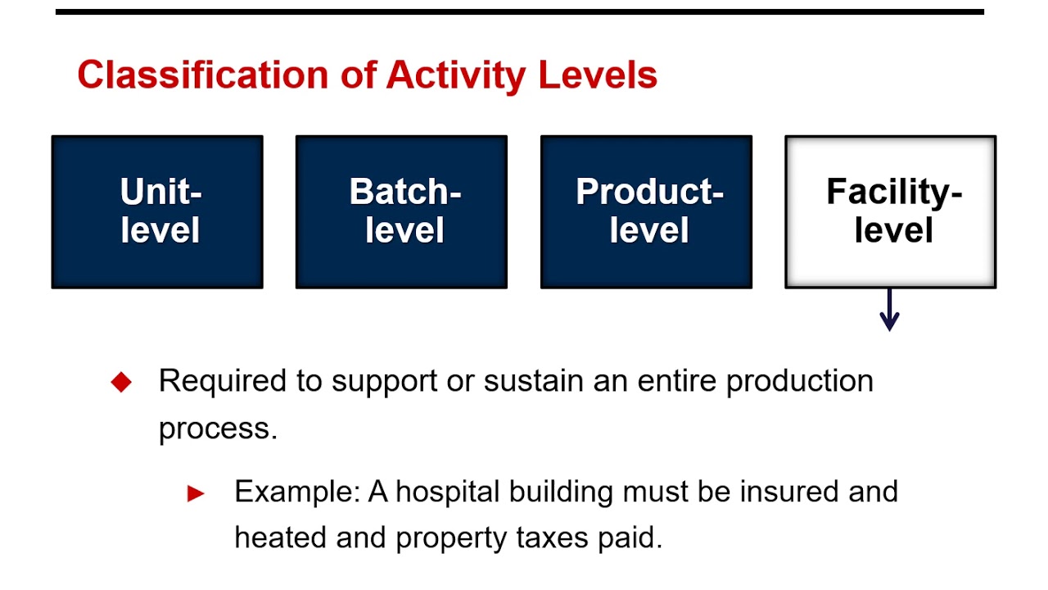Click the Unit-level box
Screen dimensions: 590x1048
[157, 211]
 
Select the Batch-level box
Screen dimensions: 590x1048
[401, 211]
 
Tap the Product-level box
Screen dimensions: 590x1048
[646, 211]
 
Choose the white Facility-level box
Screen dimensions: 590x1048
[891, 211]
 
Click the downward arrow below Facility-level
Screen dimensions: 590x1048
[889, 311]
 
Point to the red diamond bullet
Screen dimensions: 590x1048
[121, 382]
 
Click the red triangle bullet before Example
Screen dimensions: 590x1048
[196, 493]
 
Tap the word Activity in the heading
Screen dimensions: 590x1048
[455, 75]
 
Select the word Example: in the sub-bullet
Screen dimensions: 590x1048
[296, 492]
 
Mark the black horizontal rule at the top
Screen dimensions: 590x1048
[519, 12]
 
